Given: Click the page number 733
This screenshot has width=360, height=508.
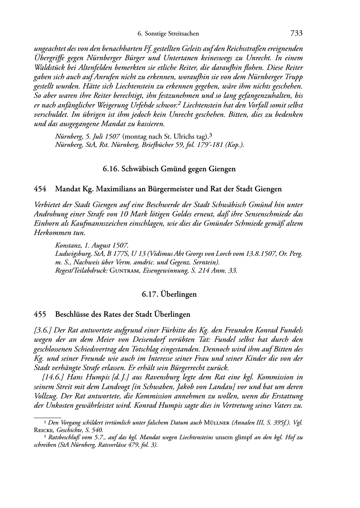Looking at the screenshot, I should coord(296,34).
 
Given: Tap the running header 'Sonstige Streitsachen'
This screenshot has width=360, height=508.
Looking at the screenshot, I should coord(172,34).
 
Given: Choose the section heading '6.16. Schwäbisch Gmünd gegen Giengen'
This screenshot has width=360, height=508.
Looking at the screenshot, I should coord(169,169).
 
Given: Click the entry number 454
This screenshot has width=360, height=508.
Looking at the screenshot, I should coord(40,189).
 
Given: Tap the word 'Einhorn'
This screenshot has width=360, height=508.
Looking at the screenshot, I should coord(44,224).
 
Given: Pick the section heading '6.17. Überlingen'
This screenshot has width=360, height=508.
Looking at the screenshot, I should coord(169,294).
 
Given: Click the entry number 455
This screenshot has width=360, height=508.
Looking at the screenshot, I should coord(40,315).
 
